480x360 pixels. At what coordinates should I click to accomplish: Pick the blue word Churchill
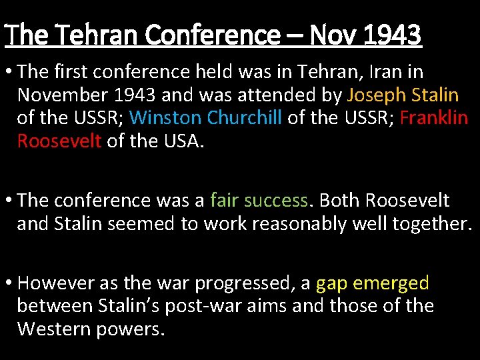click(245, 118)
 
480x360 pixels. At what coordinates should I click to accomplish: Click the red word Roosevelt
click(59, 141)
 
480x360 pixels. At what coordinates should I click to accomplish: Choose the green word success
click(276, 200)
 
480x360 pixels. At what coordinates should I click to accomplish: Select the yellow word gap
click(332, 283)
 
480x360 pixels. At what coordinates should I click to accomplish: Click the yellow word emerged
click(391, 283)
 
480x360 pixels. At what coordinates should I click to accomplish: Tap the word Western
click(57, 329)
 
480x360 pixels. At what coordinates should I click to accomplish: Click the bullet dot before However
click(9, 283)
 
